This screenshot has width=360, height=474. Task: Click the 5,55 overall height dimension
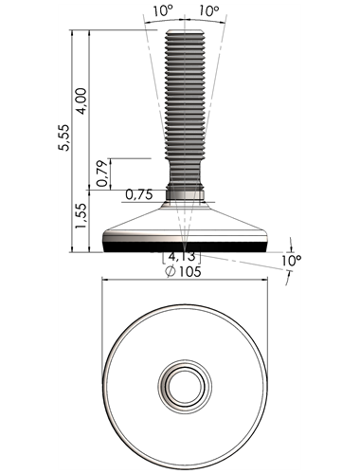(x=64, y=137)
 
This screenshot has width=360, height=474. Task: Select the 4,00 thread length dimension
(x=81, y=101)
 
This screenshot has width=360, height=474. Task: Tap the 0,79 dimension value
(x=102, y=173)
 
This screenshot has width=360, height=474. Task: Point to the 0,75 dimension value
(x=139, y=194)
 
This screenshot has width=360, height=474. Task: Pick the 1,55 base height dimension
(x=81, y=216)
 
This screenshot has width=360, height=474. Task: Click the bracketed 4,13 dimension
(x=182, y=257)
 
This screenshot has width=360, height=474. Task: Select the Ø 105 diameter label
(x=183, y=271)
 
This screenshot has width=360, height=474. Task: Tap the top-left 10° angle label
(x=164, y=11)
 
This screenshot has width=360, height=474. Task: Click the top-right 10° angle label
(x=209, y=11)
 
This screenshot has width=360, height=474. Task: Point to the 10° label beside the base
(x=291, y=261)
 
